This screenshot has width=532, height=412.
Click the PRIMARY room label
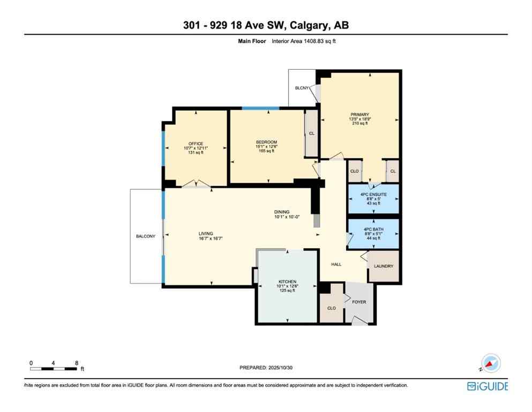pyautogui.click(x=359, y=114)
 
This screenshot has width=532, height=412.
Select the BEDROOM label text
pyautogui.click(x=266, y=142)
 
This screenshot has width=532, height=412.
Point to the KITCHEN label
pyautogui.click(x=287, y=282)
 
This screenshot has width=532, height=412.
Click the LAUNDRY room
pyautogui.click(x=384, y=266)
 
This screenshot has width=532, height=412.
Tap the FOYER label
pyautogui.click(x=359, y=302)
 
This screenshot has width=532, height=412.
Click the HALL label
pyautogui.click(x=336, y=264)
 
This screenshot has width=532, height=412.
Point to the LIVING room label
pyautogui.click(x=206, y=233)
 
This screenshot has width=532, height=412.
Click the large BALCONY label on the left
pyautogui.click(x=146, y=236)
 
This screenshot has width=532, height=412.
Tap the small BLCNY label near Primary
pyautogui.click(x=302, y=88)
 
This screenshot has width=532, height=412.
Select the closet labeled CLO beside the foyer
pyautogui.click(x=332, y=308)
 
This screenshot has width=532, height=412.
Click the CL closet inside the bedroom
pyautogui.click(x=311, y=133)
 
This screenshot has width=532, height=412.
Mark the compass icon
pyautogui.click(x=490, y=363)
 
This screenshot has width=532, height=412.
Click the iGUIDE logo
pyautogui.click(x=487, y=386)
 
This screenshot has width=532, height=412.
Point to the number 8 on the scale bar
pyautogui.click(x=77, y=363)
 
